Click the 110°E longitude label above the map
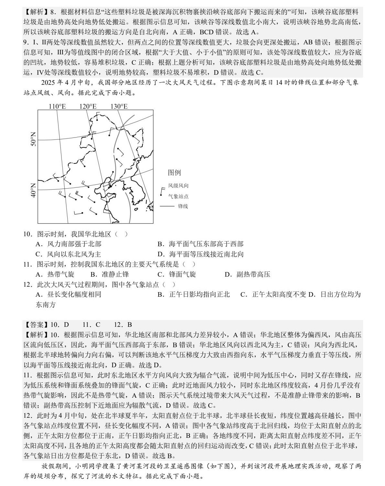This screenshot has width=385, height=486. point(57,106)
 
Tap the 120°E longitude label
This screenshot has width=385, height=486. point(88,106)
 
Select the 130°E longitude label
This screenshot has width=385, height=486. point(119,106)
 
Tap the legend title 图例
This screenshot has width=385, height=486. point(174,173)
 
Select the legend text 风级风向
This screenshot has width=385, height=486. point(178,186)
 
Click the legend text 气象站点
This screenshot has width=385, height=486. point(178,196)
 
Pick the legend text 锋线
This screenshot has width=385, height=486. point(183,206)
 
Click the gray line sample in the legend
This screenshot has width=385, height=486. point(167,206)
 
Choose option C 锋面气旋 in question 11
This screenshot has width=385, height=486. point(177,274)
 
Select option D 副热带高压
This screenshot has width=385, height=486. point(247,274)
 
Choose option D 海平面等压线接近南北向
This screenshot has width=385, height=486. point(200,254)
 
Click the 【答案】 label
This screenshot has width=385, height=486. point(37,325)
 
